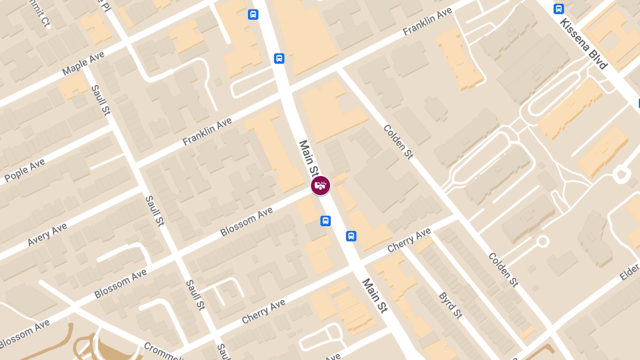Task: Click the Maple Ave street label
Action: tap(83, 63)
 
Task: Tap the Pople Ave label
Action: tap(25, 170)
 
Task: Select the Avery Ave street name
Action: tap(47, 234)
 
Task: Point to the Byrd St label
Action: tap(450, 305)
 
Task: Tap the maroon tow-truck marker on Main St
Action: tap(321, 186)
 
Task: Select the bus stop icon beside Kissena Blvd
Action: tap(558, 9)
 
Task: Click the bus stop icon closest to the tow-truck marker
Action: tap(325, 221)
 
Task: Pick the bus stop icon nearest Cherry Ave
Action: tap(351, 236)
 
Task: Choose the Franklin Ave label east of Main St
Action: tap(427, 22)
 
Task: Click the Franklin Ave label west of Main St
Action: tap(207, 132)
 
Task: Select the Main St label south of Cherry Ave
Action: tap(374, 295)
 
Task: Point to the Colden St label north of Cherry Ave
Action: tap(398, 142)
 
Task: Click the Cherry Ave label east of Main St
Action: tap(409, 240)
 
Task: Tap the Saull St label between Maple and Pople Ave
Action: tap(100, 100)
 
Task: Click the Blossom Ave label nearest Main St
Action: tap(246, 222)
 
